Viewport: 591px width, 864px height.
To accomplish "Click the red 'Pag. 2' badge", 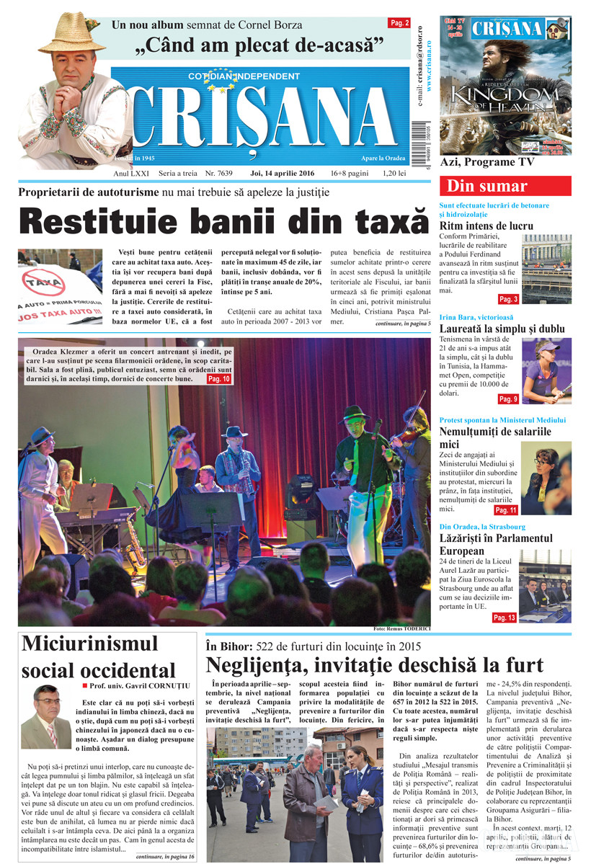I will click(x=399, y=23).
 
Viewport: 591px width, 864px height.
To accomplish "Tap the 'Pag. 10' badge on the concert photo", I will click(x=218, y=378).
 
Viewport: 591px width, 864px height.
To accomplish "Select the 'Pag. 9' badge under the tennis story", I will click(x=508, y=399).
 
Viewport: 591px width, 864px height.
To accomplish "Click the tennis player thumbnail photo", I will click(x=546, y=370).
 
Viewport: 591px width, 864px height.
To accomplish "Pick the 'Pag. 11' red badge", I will click(x=507, y=510).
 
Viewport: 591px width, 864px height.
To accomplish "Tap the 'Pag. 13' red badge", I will click(x=505, y=618).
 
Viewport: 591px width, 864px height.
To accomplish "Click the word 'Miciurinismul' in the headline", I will click(x=90, y=643).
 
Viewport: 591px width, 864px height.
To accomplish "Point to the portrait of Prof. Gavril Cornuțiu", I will click(x=46, y=716).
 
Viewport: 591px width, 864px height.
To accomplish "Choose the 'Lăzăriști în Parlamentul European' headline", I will click(x=496, y=545).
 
